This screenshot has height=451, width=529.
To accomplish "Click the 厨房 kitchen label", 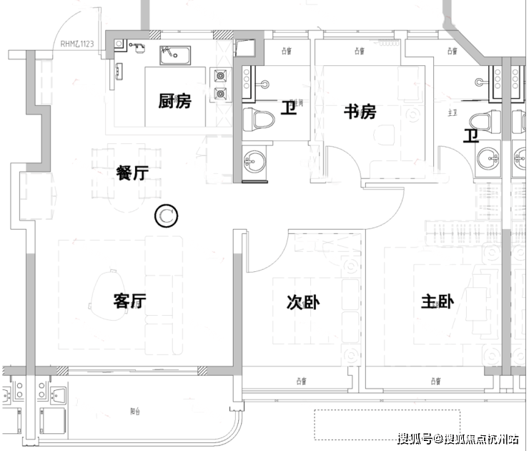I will click(x=175, y=100).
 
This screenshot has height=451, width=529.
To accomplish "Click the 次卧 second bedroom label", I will click(x=303, y=303).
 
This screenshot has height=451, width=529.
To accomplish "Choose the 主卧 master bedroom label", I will click(x=437, y=303).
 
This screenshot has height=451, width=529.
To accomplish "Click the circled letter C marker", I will click(x=167, y=215).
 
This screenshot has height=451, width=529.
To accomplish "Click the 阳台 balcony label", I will click(x=135, y=412).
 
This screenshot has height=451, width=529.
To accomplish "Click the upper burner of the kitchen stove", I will click(x=220, y=74).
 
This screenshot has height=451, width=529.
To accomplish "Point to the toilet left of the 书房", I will click(x=257, y=120).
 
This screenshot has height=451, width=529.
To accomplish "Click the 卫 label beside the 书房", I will click(x=288, y=109).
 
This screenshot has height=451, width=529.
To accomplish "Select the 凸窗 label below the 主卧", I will click(x=435, y=379).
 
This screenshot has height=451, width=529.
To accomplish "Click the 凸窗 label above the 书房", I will click(x=358, y=51).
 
